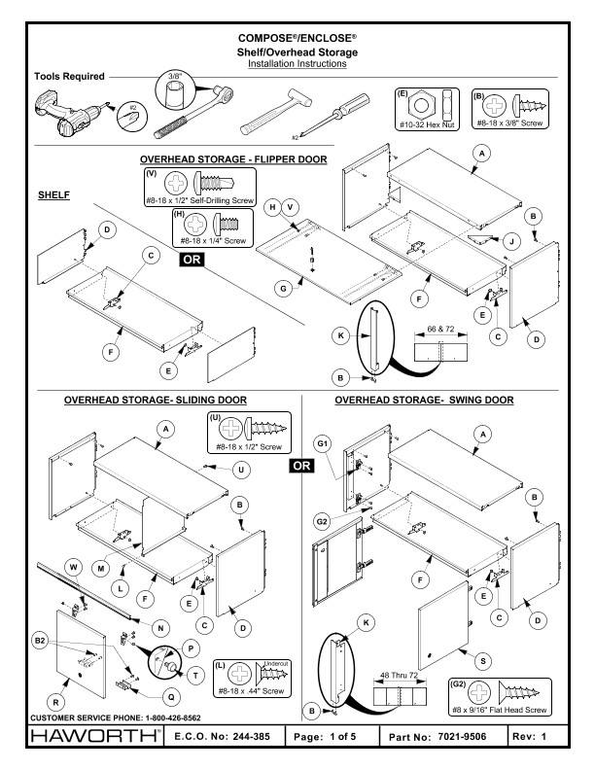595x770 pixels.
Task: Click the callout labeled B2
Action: point(41,642)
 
